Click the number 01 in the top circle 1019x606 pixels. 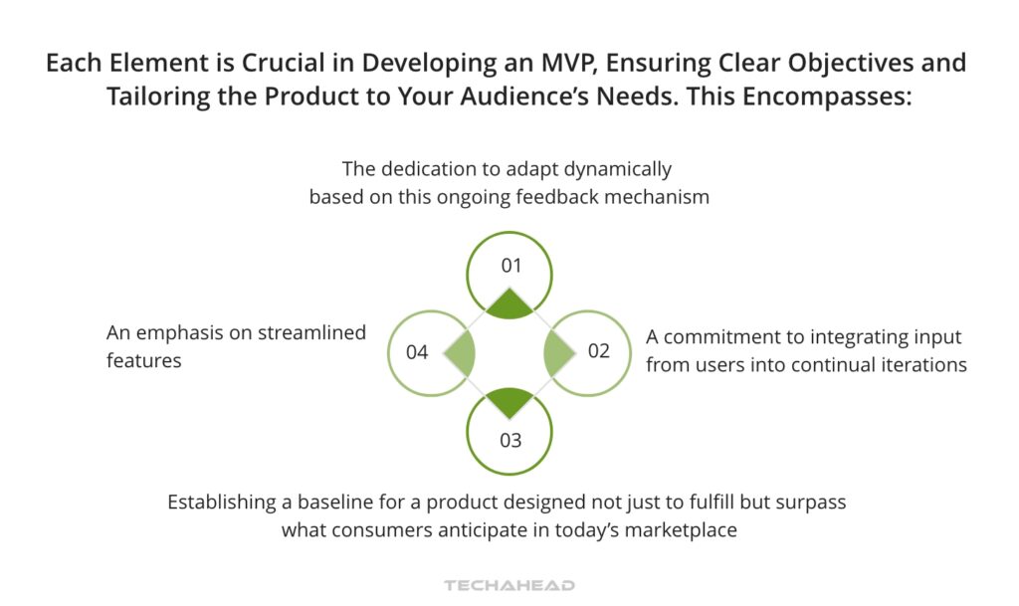[511, 266]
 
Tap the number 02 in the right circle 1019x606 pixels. [598, 351]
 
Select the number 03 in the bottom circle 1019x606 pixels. [510, 441]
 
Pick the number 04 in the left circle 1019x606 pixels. [417, 352]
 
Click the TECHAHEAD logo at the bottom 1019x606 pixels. [509, 585]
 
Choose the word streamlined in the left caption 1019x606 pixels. [311, 332]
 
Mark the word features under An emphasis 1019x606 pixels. [143, 360]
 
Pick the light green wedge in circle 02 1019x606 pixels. [557, 353]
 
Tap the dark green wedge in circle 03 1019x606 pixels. [509, 401]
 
